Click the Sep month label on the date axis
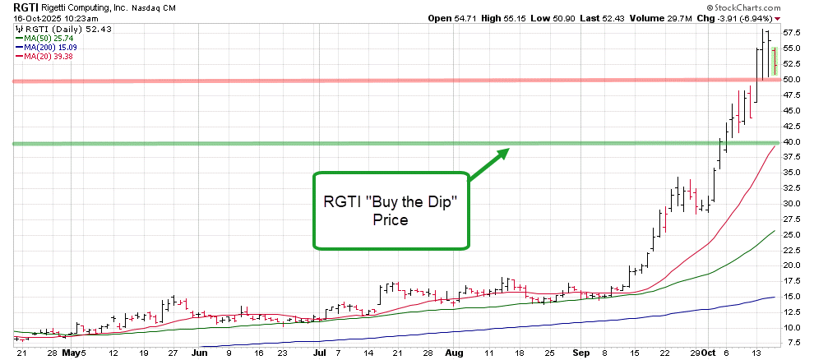(580, 353)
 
